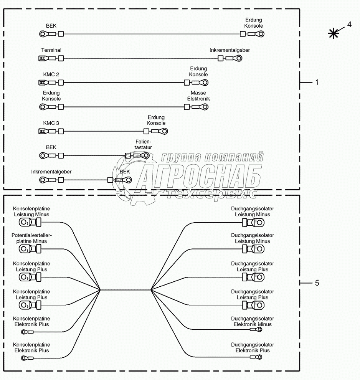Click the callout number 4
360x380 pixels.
point(349,25)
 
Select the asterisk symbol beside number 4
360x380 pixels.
point(334,34)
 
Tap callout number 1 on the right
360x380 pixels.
point(317,83)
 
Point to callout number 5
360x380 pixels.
point(317,283)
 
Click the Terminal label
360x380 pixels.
point(51,50)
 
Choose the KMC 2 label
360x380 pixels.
point(51,74)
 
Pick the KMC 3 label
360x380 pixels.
point(51,123)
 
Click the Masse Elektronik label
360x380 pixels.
point(198,96)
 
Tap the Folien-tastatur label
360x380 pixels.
point(144,144)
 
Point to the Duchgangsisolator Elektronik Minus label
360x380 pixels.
point(253,322)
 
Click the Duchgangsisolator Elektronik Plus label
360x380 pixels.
point(253,348)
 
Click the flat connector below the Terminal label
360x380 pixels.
point(42,59)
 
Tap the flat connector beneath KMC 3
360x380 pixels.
point(42,131)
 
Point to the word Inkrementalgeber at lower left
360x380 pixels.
point(51,172)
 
